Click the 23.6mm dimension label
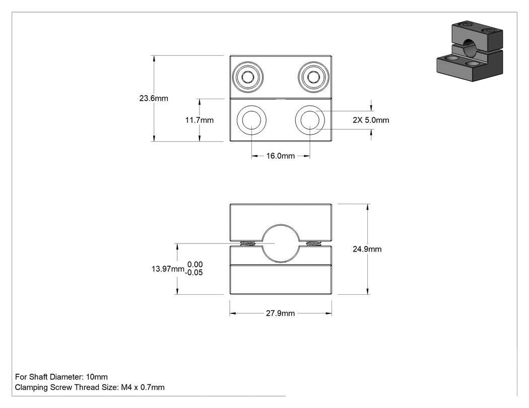154,99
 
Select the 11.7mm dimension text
200,120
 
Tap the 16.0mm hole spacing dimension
280,156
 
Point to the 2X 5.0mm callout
371,120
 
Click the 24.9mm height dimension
367,249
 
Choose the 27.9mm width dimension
280,313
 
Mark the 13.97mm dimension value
168,269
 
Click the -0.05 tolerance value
194,273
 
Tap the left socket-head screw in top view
248,77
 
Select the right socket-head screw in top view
313,77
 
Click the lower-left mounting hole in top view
251,120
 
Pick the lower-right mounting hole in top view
310,120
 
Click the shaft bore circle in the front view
281,225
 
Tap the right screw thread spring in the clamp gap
313,243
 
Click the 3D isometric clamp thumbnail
470,51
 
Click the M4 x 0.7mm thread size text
143,387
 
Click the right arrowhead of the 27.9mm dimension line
328,313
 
